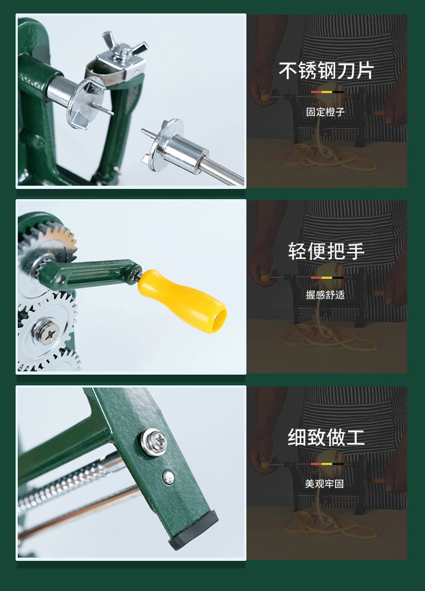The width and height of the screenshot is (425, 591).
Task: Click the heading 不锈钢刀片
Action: (326, 71)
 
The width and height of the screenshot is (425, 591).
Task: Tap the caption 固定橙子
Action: (325, 112)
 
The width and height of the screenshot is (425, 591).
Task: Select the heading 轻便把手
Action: (326, 251)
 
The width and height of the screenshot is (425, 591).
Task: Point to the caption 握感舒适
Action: (325, 295)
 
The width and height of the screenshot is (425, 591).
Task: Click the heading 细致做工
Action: (326, 437)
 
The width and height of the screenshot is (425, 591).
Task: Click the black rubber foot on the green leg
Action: (194, 531)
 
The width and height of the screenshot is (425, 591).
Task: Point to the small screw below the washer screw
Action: (169, 476)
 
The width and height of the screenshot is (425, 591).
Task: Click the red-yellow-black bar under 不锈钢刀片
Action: (327, 92)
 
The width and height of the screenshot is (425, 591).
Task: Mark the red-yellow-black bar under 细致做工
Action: (327, 463)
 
